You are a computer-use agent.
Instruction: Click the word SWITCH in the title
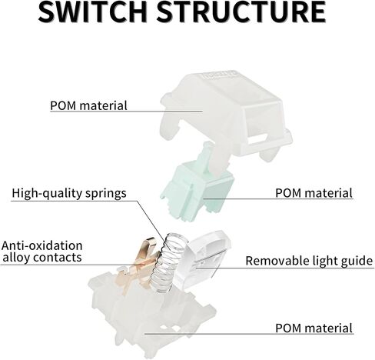92,12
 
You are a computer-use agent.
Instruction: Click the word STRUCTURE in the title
241,12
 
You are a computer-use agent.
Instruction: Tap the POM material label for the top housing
88,105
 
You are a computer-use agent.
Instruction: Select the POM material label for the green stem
314,193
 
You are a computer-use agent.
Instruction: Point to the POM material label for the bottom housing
314,328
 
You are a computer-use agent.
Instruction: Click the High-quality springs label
69,193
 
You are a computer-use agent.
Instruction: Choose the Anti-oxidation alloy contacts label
41,252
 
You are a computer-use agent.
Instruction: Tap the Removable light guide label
309,261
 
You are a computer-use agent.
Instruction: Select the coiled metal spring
167,264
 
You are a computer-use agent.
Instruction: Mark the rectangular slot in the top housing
258,139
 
